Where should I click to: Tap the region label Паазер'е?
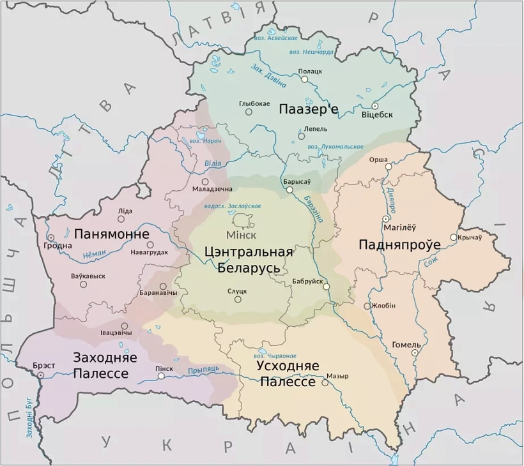[308, 110]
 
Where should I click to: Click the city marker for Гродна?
[50, 237]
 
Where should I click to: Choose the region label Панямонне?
[112, 234]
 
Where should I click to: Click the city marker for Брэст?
[40, 375]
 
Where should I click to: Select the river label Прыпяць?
[204, 370]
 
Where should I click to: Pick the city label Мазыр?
[337, 376]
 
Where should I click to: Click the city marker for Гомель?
[415, 352]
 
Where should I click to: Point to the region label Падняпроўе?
[400, 244]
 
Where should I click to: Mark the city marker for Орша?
[387, 167]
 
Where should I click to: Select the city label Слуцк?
[237, 291]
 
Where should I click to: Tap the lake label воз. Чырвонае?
[275, 355]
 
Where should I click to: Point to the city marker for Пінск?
[161, 376]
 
